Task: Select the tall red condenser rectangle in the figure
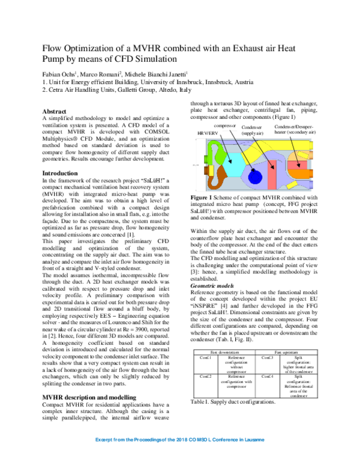(271, 174)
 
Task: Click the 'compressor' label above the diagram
(224, 126)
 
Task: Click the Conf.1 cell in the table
(205, 357)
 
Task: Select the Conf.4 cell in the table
(268, 377)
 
